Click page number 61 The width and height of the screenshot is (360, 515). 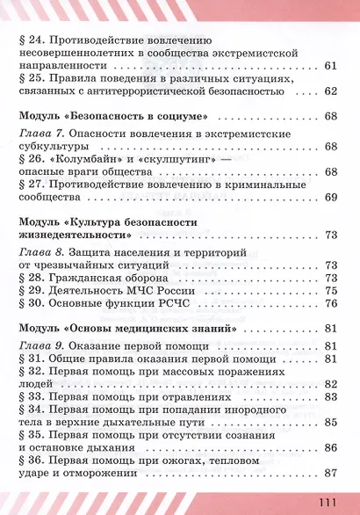pos(330,67)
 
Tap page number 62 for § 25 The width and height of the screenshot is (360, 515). pos(330,91)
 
